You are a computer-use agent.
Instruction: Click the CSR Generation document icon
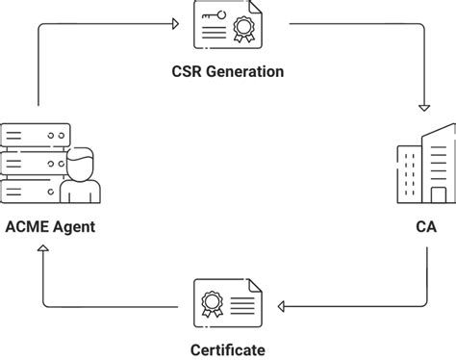[228, 27]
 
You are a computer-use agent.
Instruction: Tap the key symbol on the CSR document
[211, 16]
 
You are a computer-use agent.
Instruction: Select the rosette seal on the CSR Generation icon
[243, 31]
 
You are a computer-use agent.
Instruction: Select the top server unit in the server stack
[37, 132]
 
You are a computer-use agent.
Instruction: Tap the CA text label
[424, 227]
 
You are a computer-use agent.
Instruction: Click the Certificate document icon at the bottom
[228, 305]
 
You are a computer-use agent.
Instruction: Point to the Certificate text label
[228, 349]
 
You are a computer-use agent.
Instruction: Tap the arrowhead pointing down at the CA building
[424, 108]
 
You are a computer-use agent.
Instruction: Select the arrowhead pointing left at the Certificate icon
[283, 307]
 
